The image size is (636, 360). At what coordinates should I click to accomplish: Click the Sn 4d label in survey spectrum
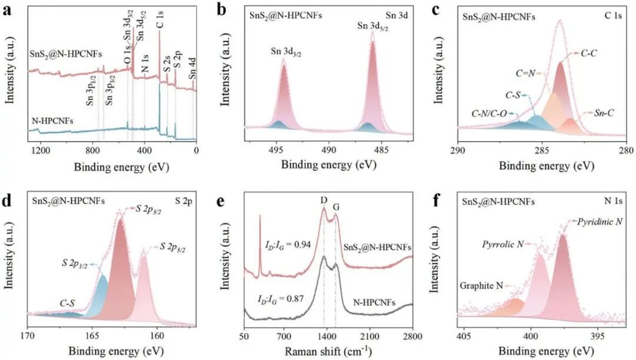(x=192, y=76)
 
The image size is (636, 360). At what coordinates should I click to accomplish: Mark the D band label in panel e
(x=324, y=200)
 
